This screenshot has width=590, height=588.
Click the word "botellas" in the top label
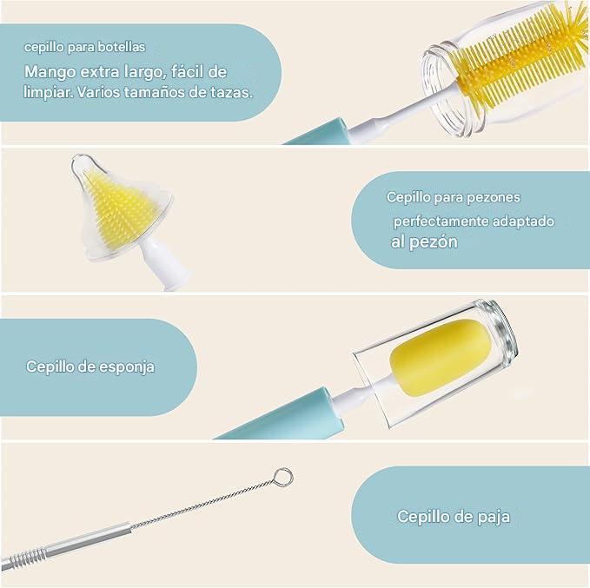[121, 47]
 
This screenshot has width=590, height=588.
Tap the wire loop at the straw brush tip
[283, 477]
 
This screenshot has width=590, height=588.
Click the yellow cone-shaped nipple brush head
[116, 208]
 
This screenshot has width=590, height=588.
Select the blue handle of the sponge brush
[283, 417]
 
